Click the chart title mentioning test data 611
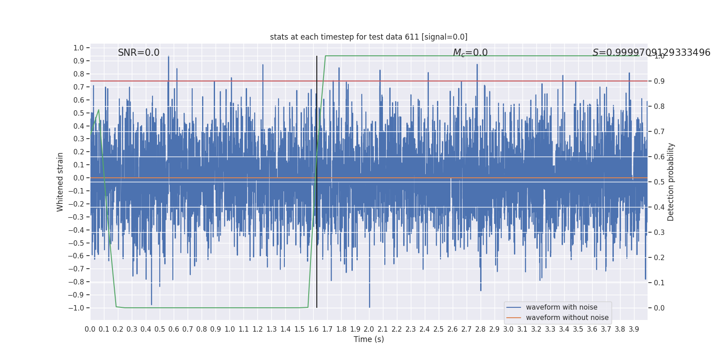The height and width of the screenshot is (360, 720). tap(369, 37)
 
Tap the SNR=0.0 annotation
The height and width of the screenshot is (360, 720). tap(139, 53)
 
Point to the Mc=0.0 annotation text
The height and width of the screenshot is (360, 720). tap(470, 53)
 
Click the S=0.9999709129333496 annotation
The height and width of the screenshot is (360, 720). tap(651, 53)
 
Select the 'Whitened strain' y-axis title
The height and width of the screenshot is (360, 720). tap(60, 182)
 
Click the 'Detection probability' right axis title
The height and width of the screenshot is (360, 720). tap(671, 182)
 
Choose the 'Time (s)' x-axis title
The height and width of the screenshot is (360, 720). tap(369, 339)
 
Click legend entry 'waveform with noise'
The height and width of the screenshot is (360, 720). tap(562, 307)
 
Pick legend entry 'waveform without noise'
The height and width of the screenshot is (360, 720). tap(567, 318)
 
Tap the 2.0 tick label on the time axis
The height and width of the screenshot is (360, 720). tap(369, 329)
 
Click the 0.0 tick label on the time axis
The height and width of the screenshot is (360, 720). tap(90, 329)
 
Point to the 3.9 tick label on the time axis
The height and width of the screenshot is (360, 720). tap(634, 329)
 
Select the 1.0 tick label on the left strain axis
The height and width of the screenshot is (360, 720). tap(78, 48)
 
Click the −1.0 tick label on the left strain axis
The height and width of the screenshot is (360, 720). tap(76, 308)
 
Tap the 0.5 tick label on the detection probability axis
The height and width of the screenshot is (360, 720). tap(659, 182)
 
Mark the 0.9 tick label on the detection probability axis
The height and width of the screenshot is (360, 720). tap(659, 81)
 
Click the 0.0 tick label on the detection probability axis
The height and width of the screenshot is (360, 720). tap(659, 308)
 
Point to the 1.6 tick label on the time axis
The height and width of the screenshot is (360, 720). tap(313, 329)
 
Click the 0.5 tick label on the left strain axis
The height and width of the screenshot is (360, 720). tap(78, 113)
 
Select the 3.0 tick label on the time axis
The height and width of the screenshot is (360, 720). tap(508, 329)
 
